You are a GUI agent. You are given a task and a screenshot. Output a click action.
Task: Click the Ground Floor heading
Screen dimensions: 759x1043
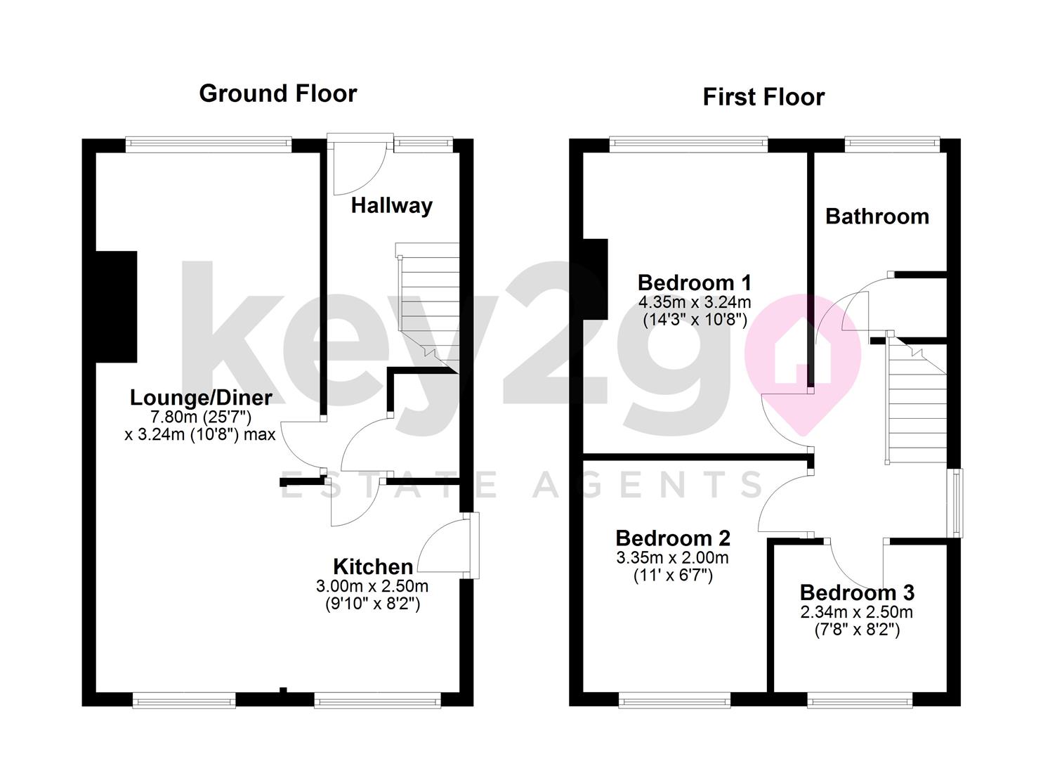(x=277, y=93)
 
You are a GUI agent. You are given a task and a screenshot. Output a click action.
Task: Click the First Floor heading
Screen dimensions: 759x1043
(x=763, y=97)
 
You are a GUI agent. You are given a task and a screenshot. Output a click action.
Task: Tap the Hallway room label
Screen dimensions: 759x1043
(x=391, y=206)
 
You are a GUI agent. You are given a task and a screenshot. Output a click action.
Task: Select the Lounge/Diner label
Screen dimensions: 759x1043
(x=201, y=398)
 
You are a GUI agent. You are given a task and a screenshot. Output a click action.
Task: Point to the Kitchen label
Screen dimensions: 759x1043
(x=372, y=566)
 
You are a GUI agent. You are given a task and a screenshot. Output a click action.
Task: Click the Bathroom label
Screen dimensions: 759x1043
(x=877, y=216)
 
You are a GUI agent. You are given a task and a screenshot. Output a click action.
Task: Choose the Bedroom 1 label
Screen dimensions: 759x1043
(x=694, y=283)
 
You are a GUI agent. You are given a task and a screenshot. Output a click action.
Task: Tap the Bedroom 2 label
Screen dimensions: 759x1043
(x=672, y=538)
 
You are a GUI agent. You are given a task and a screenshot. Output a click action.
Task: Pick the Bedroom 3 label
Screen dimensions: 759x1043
(x=856, y=593)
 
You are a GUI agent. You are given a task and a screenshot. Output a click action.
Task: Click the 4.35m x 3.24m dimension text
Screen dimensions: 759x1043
(x=694, y=303)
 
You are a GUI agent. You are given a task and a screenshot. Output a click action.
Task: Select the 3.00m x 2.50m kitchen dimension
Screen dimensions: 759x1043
(x=372, y=586)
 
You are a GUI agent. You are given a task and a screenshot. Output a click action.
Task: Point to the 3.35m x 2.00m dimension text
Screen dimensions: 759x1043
(x=672, y=558)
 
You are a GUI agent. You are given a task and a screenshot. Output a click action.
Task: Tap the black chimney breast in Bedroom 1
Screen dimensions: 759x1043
(x=594, y=279)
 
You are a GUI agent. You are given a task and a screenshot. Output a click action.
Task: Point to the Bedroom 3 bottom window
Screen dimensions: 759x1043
(x=859, y=699)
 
